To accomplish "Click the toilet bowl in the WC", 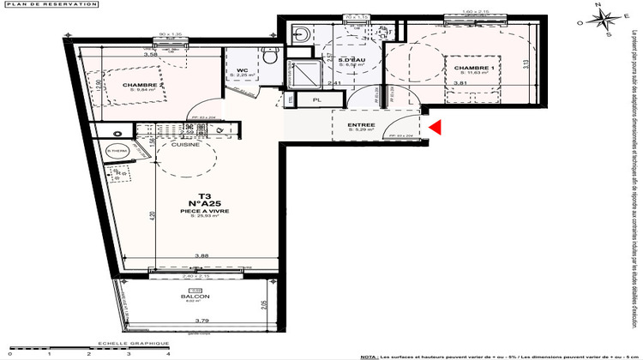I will point(269,58).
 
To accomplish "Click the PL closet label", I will point(316,100).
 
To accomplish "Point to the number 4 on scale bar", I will point(168,352).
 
